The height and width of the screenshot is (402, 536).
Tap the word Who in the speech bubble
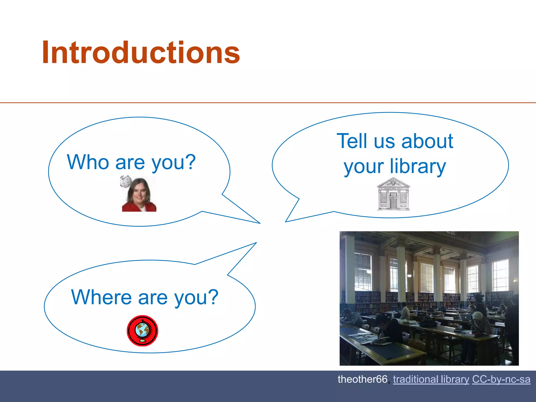[88, 162]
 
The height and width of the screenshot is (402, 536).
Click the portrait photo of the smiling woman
[139, 195]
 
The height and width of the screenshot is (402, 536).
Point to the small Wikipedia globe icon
[126, 181]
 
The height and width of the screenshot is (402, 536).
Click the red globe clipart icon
[142, 331]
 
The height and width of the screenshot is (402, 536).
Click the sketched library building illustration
[393, 194]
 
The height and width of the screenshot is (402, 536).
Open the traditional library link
[431, 379]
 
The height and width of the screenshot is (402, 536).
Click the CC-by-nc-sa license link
[501, 379]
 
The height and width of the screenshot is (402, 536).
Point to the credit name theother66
[362, 379]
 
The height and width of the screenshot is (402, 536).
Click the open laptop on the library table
[465, 317]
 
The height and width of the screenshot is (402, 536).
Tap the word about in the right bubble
[427, 141]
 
